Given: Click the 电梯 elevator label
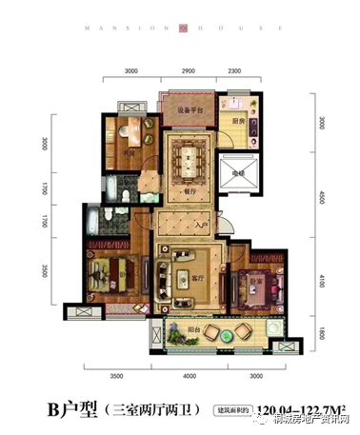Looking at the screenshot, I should [x=234, y=174].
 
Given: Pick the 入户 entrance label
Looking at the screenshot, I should [x=200, y=225].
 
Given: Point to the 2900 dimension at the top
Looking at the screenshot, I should [x=189, y=71].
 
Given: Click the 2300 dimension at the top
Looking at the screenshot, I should [x=233, y=71].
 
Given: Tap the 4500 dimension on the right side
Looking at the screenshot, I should [x=323, y=198].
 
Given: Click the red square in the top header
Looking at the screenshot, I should [x=179, y=28].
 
